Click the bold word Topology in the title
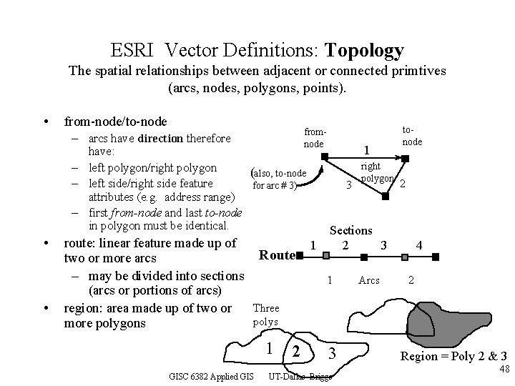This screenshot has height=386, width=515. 364,51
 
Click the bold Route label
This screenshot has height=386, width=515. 277,255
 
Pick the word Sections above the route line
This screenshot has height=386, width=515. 350,230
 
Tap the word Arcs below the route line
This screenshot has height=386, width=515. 369,280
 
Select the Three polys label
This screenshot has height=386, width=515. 267,315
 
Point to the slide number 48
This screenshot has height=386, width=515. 504,369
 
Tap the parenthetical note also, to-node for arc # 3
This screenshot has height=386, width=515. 277,179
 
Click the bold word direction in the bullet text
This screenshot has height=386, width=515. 162,138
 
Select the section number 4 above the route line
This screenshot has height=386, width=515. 419,246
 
